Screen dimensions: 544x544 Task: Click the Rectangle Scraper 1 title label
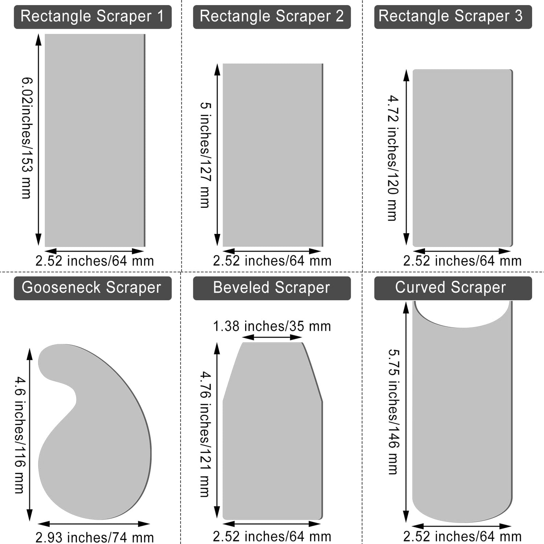click(92, 17)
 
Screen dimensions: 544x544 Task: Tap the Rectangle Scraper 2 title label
click(272, 17)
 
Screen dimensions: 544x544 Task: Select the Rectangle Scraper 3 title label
click(453, 17)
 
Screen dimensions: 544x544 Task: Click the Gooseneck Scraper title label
click(92, 288)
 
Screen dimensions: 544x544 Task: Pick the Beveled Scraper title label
click(272, 288)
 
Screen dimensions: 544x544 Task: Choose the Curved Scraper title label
click(453, 288)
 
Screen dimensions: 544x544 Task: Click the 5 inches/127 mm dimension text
click(205, 155)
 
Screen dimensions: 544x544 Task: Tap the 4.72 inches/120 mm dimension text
click(393, 158)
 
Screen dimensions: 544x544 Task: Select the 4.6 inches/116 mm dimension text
click(20, 435)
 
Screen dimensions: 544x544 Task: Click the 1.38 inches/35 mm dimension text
click(272, 326)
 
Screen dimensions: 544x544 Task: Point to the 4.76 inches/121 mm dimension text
click(205, 434)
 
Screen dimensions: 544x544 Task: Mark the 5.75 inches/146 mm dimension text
click(393, 412)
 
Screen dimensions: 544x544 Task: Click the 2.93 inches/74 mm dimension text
click(95, 537)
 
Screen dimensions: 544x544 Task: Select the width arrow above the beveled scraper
click(272, 337)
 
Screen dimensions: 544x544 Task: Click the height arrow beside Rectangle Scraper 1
click(38, 140)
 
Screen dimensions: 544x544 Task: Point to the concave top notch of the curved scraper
click(462, 316)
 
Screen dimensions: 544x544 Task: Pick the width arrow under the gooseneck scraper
click(94, 524)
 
